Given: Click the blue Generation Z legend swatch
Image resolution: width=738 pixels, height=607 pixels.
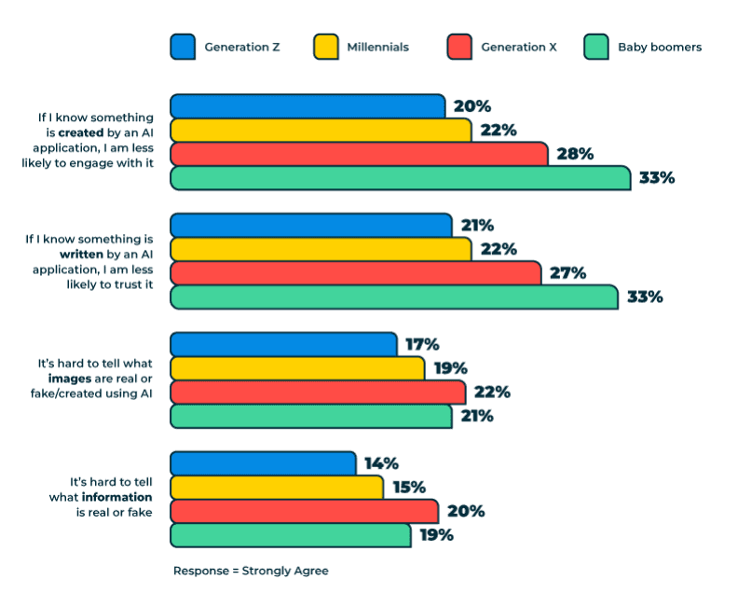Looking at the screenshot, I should pos(183,47).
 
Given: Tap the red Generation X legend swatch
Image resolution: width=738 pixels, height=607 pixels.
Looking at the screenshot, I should pos(459,47).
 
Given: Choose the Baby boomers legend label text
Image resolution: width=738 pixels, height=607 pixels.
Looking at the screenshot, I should pos(660,47).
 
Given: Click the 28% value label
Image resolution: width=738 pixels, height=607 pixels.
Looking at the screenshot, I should pos(574,154).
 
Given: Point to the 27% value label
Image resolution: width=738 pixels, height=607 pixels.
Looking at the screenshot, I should pos(567,273).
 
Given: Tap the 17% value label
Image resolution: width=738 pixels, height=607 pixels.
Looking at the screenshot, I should pos(422,344).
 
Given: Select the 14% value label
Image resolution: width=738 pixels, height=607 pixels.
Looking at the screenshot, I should pos(381,463).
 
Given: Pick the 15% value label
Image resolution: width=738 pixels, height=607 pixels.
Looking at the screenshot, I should pos(408,487).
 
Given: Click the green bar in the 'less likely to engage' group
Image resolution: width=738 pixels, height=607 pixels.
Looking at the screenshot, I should pos(400,178).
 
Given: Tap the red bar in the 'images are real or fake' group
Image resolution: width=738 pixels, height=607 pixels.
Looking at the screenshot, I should pos(317,392).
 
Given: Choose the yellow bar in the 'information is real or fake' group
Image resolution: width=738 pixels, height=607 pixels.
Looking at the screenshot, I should pos(276,487).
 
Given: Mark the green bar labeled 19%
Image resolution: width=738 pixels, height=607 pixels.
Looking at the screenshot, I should pos(290,535).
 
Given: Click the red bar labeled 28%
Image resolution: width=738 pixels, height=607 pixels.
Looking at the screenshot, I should pos(359,154).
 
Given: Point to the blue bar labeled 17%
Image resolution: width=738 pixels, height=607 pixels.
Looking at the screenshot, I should pos(283,344).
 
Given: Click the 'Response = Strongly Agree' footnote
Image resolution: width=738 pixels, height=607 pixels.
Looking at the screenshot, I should pos(251,571).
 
